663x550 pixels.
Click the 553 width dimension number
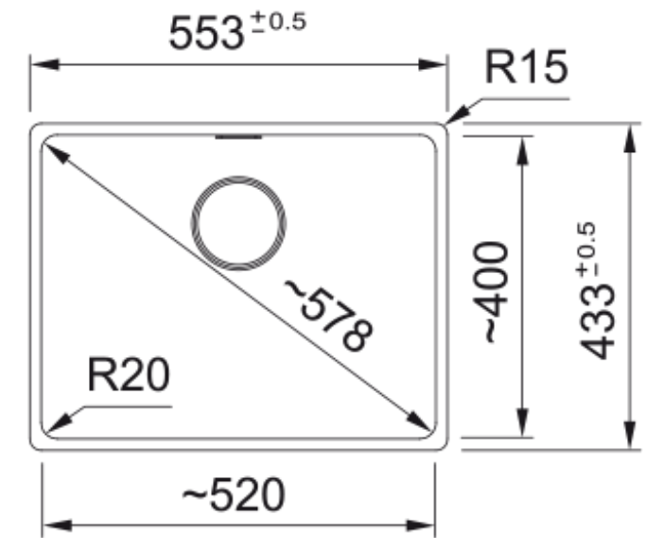tap(206, 33)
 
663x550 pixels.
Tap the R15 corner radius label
tap(526, 67)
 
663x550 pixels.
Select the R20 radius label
tap(129, 374)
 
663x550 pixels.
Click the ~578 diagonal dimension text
tap(329, 315)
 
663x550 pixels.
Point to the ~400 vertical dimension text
tap(491, 292)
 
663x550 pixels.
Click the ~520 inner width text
tap(234, 494)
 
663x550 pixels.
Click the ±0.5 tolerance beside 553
tap(279, 22)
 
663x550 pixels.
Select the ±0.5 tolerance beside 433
tap(586, 250)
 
